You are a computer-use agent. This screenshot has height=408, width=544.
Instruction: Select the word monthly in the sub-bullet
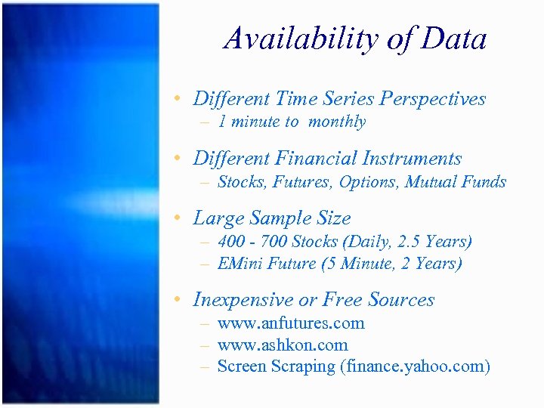[337, 122]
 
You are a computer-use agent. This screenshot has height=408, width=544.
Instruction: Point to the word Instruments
[412, 159]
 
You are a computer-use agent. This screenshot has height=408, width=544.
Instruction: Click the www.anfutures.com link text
[291, 323]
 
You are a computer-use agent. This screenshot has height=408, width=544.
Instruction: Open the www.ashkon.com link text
[283, 345]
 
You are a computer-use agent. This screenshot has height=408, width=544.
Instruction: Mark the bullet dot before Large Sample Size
[175, 219]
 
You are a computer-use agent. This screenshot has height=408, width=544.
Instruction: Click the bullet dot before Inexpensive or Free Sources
[175, 300]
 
